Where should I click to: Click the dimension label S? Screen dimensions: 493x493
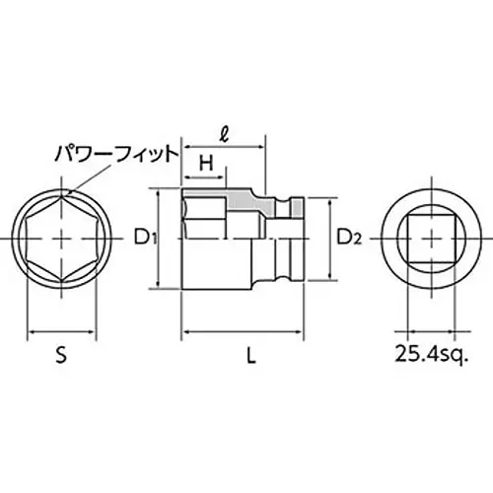click(x=61, y=355)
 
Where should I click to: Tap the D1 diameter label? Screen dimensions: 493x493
click(x=145, y=238)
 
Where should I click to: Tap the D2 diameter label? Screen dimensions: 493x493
click(x=349, y=238)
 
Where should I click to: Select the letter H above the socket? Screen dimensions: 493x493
click(x=206, y=163)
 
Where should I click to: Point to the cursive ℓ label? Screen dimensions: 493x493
click(x=225, y=135)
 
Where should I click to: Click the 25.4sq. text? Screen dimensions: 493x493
click(x=431, y=354)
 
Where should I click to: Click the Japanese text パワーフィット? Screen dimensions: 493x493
click(x=116, y=154)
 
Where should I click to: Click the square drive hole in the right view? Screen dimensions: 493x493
click(x=407, y=239)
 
